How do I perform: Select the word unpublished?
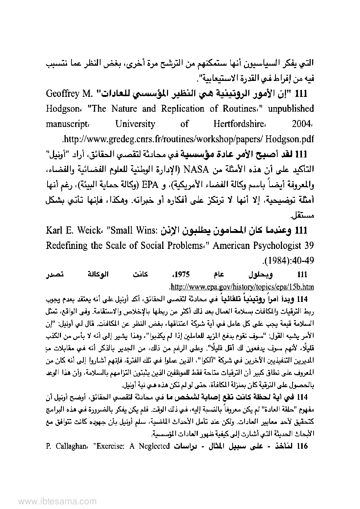tap(289, 109)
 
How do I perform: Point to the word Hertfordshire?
tap(241, 124)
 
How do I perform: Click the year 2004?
tap(302, 124)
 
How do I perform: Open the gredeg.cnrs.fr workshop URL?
tap(188, 139)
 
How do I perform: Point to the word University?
tap(135, 124)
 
